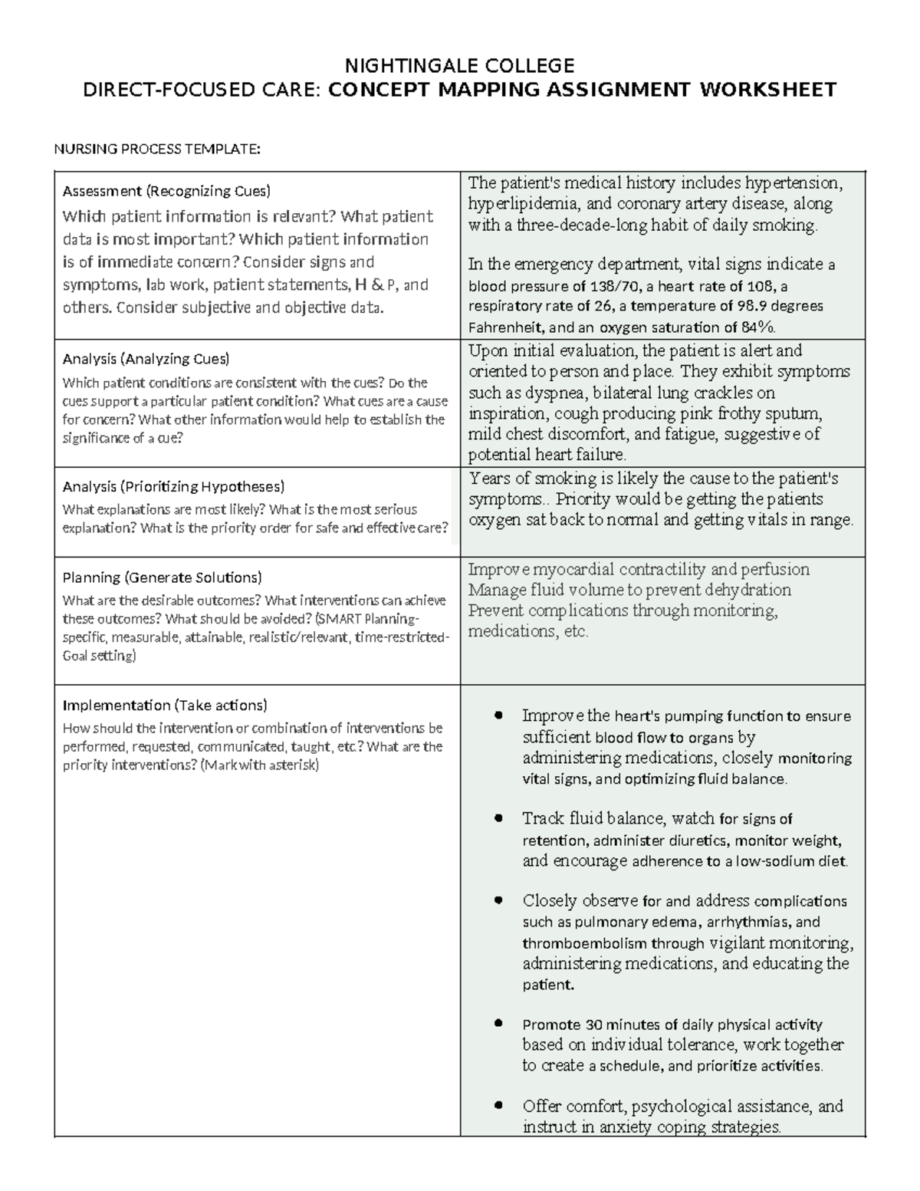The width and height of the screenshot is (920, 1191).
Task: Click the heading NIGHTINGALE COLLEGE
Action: coord(459,64)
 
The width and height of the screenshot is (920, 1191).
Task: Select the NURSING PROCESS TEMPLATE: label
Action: coord(157,149)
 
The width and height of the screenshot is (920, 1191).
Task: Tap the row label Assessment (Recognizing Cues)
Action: coord(166,191)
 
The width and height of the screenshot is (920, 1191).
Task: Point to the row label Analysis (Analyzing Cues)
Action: coord(146,359)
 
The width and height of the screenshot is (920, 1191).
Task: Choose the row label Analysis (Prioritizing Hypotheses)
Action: coord(173,486)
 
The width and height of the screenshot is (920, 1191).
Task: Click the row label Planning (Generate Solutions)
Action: coord(162,577)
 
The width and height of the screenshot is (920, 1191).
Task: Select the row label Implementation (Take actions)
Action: coord(165,705)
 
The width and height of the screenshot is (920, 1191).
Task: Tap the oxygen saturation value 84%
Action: coord(758,327)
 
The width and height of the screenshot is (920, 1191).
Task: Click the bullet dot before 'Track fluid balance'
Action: coord(499,818)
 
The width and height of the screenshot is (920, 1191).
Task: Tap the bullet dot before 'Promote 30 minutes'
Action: coord(499,1024)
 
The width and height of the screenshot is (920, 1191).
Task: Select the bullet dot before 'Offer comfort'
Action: coord(499,1106)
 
